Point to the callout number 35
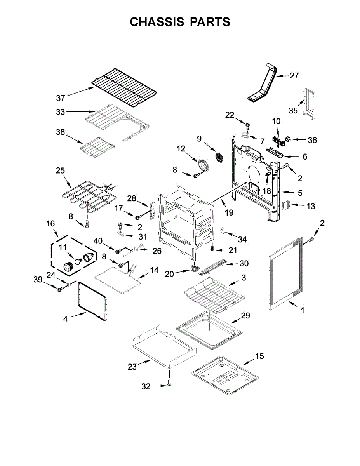(x=293, y=111)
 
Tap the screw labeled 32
(x=169, y=384)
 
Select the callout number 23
(x=132, y=366)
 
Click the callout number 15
(x=259, y=356)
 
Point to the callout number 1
(x=303, y=310)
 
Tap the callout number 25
(x=60, y=171)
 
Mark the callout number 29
(x=245, y=316)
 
